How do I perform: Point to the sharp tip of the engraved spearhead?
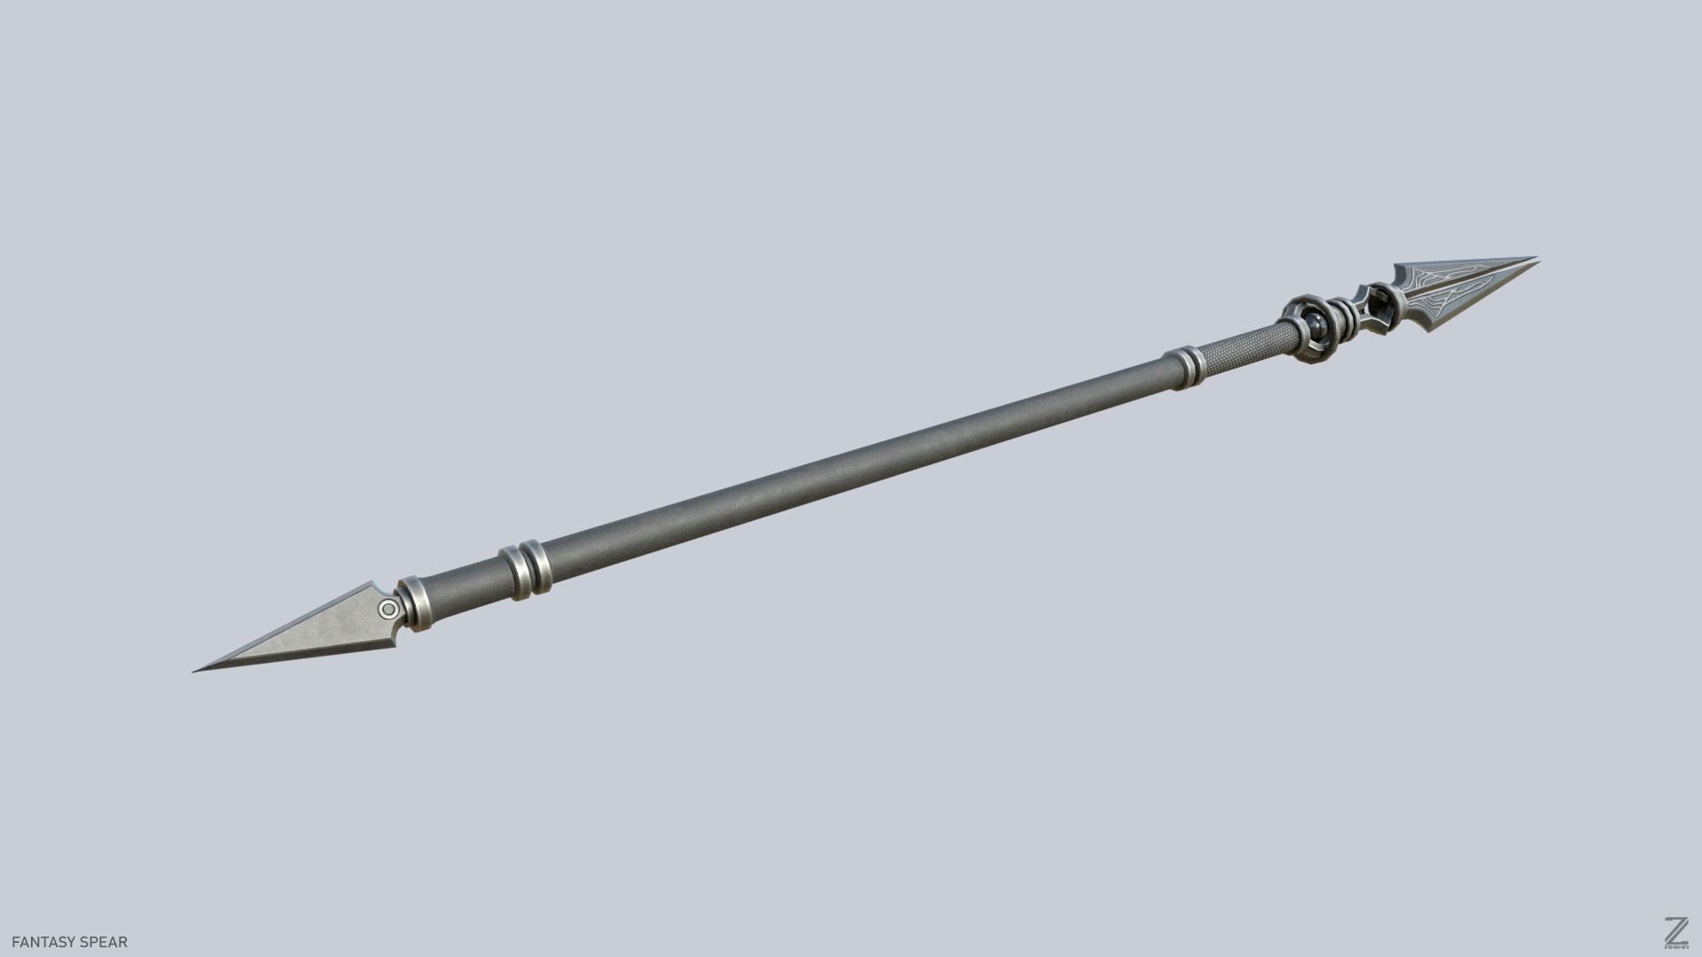point(1535,259)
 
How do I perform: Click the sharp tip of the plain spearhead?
point(195,671)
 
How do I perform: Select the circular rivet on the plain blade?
point(388,609)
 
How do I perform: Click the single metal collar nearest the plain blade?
point(414,604)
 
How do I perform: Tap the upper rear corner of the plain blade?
point(372,585)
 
